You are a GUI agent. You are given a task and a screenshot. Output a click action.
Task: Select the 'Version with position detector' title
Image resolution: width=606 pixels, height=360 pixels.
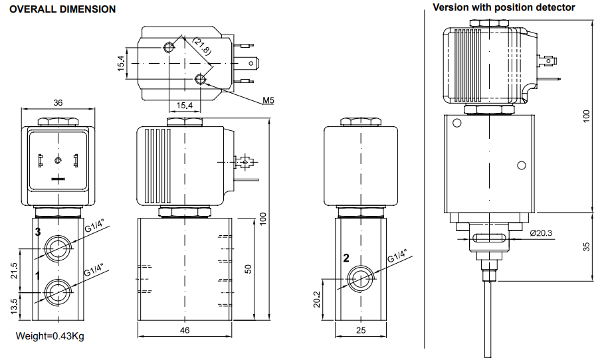coord(504,7)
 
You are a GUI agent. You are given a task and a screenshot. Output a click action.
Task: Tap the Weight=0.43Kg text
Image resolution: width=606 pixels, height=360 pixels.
coord(50,336)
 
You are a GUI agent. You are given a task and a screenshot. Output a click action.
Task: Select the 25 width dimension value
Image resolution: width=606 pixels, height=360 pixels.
coord(361,329)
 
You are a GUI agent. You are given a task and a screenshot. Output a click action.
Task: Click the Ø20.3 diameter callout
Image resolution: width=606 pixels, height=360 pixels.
coord(542,232)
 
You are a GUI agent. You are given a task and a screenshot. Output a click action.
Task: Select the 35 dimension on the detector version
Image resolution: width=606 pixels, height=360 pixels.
coord(585,246)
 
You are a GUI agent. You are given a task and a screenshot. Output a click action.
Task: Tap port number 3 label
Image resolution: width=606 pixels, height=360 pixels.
coord(38,232)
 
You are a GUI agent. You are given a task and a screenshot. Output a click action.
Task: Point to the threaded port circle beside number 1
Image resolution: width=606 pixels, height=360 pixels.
coord(58,292)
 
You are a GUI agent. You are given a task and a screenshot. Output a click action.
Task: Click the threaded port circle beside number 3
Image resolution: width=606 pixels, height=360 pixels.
coord(58,249)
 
